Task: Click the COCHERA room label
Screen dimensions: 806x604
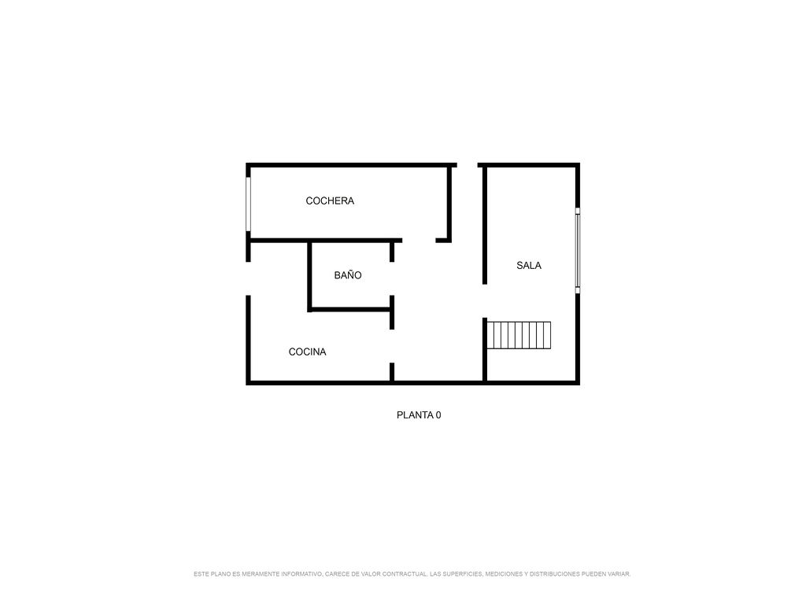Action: pyautogui.click(x=330, y=201)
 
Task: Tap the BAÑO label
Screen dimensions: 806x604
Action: pyautogui.click(x=347, y=274)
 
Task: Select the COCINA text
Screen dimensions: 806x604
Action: pyautogui.click(x=308, y=352)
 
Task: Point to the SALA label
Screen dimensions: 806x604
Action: pyautogui.click(x=529, y=266)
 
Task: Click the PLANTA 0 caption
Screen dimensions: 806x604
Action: pyautogui.click(x=419, y=415)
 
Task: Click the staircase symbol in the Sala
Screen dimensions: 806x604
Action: pyautogui.click(x=519, y=335)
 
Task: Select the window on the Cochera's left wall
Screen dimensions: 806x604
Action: pyautogui.click(x=248, y=204)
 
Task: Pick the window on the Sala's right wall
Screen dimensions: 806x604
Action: pyautogui.click(x=577, y=251)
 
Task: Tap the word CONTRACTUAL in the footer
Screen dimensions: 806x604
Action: pyautogui.click(x=405, y=574)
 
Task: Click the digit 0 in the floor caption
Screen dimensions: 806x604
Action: pyautogui.click(x=438, y=415)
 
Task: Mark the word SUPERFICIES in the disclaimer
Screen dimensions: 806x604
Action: pyautogui.click(x=462, y=574)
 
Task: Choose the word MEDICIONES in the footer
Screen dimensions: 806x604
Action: pyautogui.click(x=504, y=574)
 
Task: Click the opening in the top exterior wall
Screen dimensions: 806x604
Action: pyautogui.click(x=468, y=165)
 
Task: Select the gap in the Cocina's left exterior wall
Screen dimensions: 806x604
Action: pyautogui.click(x=248, y=278)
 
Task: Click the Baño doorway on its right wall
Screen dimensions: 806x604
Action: pyautogui.click(x=392, y=278)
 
